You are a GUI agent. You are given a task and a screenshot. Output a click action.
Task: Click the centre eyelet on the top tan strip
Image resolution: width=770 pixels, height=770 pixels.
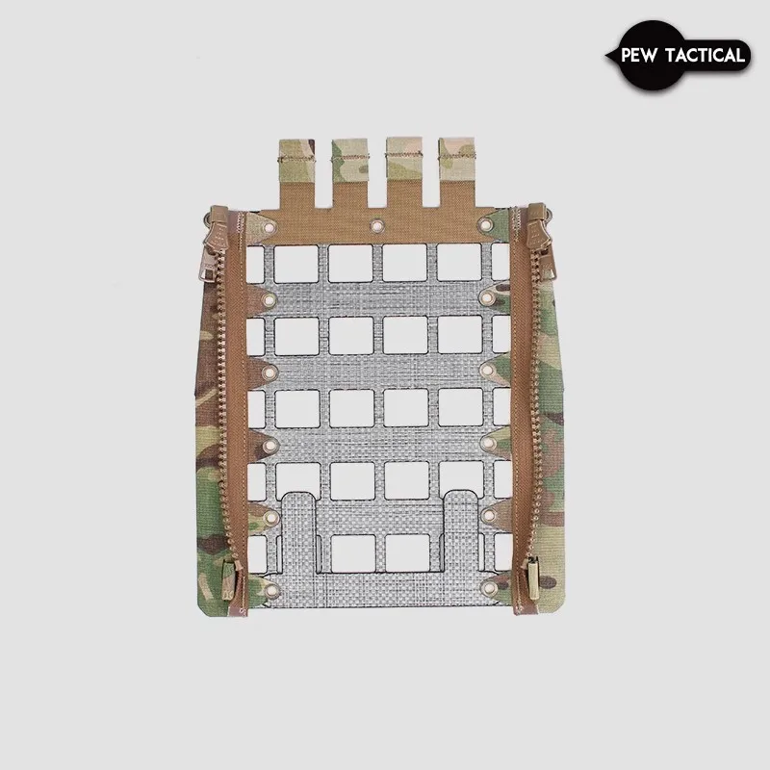pos(376,227)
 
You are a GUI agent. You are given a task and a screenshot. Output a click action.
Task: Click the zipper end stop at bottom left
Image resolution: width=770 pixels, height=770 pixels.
pos(232,583)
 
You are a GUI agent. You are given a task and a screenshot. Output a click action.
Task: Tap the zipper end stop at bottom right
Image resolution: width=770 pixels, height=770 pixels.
pos(528,581)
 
